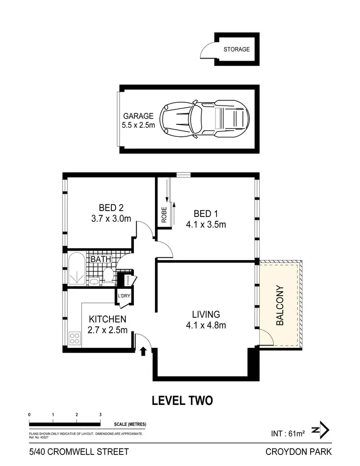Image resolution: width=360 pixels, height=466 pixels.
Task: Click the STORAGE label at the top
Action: (x=237, y=49)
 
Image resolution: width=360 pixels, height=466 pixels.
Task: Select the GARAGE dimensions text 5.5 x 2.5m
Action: (x=139, y=125)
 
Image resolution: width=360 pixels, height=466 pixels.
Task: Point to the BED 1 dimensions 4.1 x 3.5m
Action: (x=206, y=224)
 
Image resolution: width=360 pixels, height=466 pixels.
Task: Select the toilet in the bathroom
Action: (x=108, y=276)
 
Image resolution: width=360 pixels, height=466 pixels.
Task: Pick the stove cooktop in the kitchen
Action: (x=75, y=338)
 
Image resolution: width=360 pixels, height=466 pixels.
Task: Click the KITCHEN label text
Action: (x=108, y=319)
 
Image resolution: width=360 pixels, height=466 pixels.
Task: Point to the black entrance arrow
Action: (x=143, y=353)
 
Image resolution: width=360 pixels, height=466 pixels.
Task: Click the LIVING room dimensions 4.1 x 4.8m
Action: (x=206, y=325)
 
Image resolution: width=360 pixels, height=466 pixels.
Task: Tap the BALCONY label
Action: (x=280, y=306)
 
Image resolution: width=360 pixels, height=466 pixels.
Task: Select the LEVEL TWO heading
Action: (x=182, y=400)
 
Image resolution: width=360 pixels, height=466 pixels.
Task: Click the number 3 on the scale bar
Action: (x=100, y=414)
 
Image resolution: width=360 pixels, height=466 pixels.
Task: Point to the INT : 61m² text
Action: (x=288, y=434)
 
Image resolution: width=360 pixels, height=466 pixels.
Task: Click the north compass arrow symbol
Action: (x=320, y=430)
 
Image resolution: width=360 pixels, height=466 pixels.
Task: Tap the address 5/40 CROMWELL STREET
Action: (x=79, y=452)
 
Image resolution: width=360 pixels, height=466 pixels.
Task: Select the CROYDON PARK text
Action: (x=298, y=452)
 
